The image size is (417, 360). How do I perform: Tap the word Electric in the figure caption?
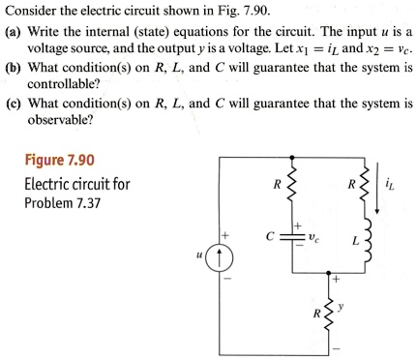click(x=49, y=184)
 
